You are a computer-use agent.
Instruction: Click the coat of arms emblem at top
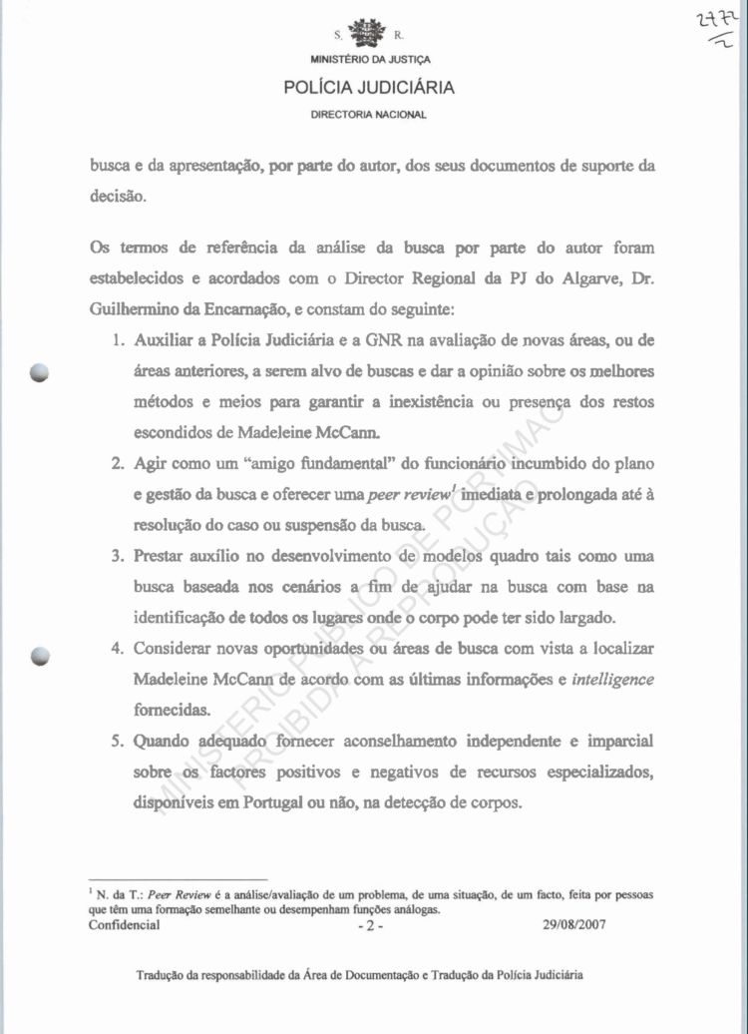pos(369,32)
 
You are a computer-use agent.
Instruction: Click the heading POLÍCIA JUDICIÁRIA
pos(369,88)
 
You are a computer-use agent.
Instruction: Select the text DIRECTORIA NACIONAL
pos(369,115)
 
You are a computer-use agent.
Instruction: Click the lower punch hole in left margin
pos(39,656)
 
